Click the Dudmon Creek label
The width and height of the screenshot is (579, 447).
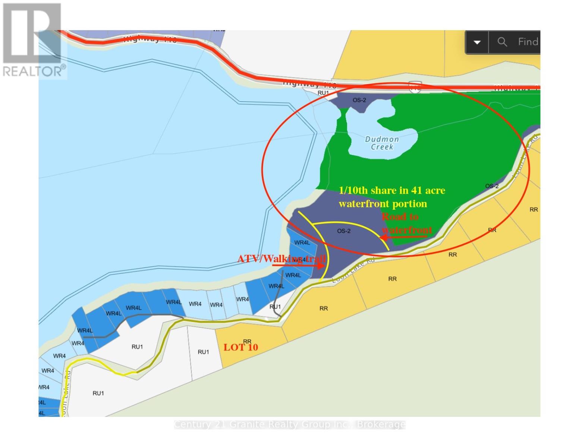point(382,143)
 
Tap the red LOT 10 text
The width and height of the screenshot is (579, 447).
point(241,347)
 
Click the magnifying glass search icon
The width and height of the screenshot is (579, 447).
point(502,42)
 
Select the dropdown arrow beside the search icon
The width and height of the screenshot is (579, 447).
point(477,42)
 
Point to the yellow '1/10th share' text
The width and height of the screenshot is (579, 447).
point(391,191)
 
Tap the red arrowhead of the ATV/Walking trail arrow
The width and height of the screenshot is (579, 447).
point(320,266)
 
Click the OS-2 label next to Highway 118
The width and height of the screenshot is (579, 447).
point(359,100)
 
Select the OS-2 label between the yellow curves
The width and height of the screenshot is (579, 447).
point(344,231)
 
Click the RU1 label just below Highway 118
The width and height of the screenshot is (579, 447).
point(323,93)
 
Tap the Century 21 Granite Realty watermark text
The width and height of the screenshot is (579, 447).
point(290,425)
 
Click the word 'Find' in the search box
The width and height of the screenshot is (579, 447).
point(528,42)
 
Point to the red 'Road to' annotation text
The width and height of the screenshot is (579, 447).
point(400,217)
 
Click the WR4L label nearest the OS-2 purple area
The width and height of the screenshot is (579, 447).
point(302,242)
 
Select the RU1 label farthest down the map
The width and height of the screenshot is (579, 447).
point(98,393)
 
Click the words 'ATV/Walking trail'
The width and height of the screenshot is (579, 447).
point(281,259)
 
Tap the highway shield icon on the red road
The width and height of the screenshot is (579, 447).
point(415,88)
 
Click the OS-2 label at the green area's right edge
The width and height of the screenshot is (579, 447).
point(492,186)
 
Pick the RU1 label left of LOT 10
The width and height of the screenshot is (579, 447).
point(203,352)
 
